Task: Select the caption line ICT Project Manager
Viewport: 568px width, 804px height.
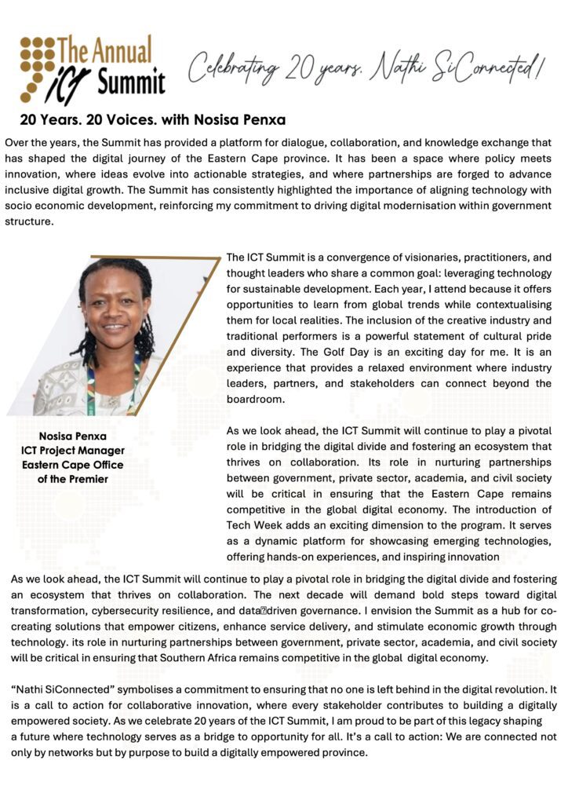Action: tap(73, 451)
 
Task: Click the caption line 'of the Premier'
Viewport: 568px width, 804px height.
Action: tap(73, 479)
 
